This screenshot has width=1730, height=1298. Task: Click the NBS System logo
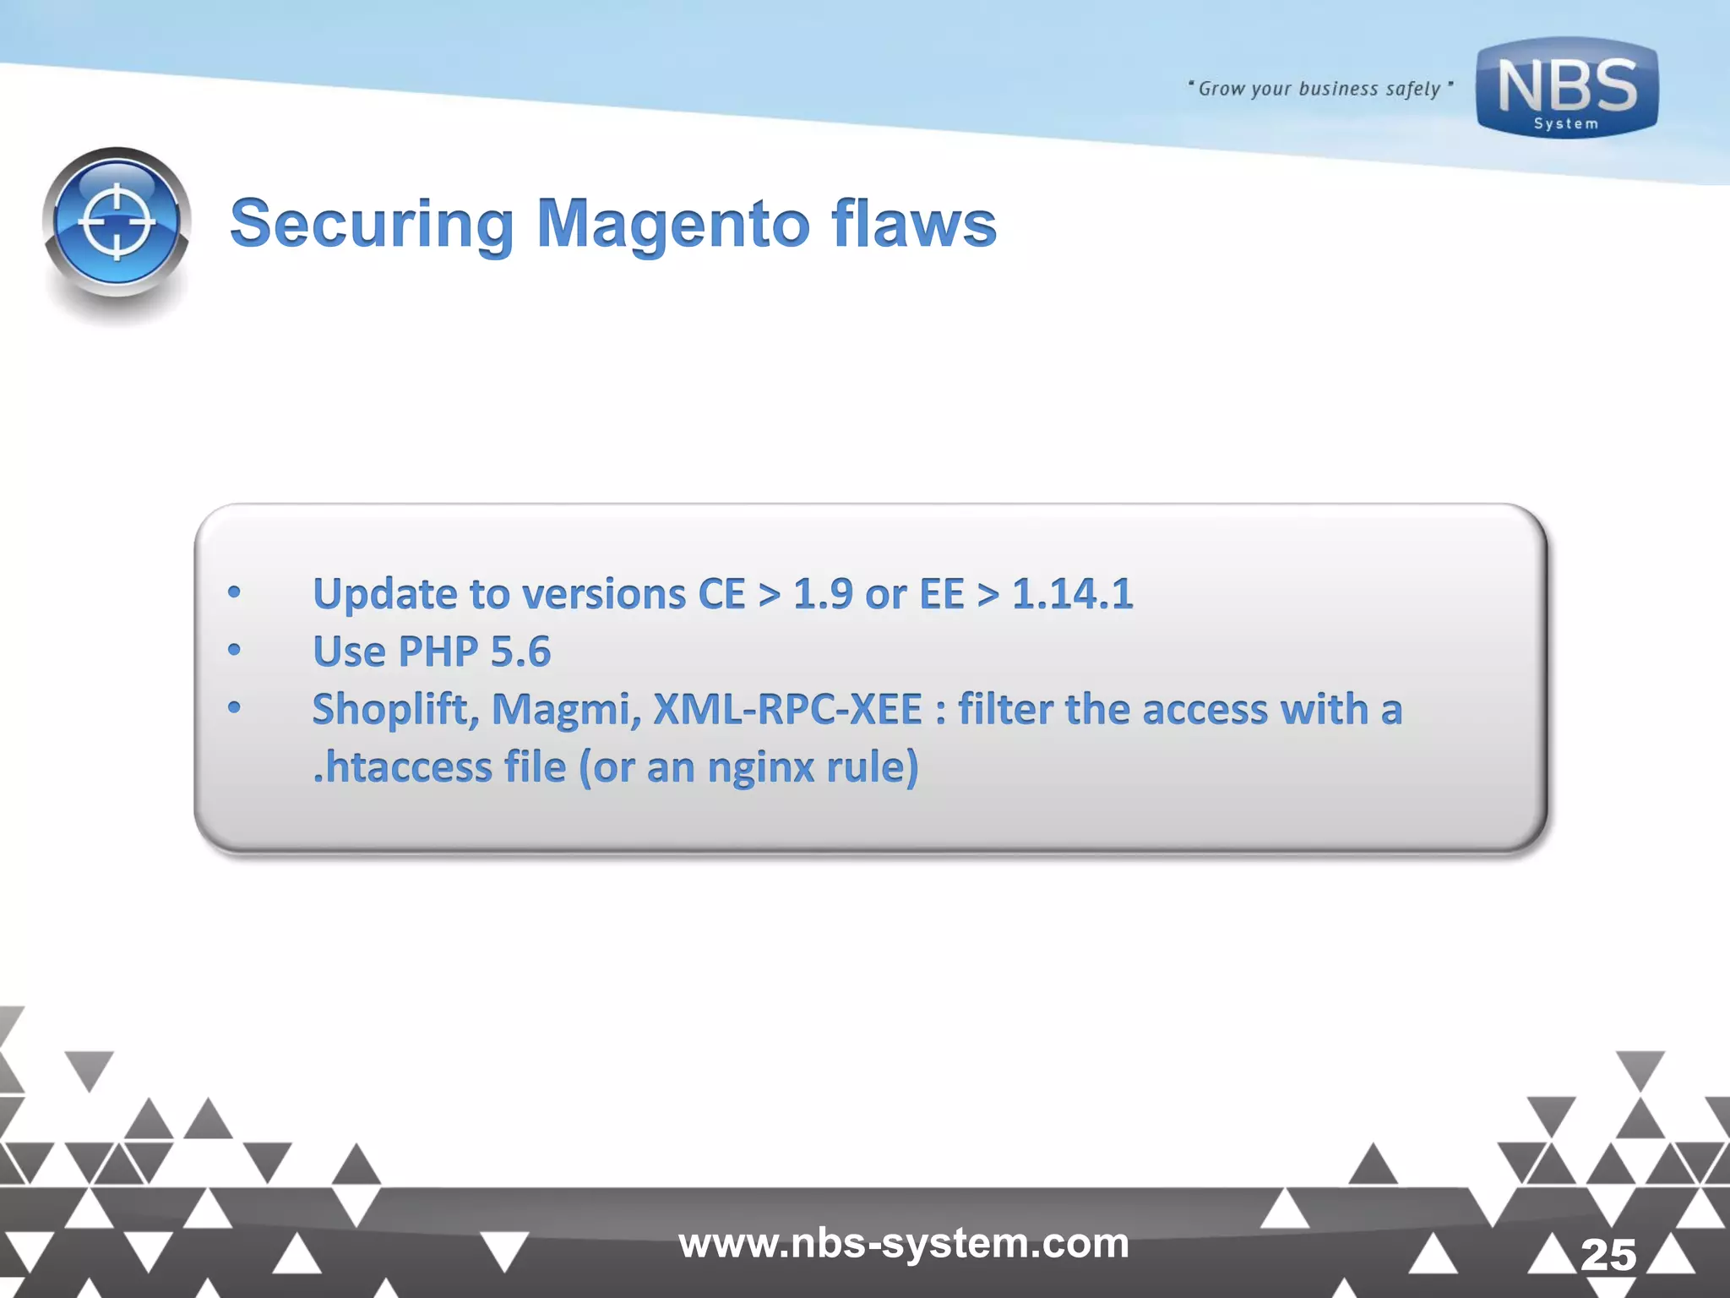[x=1567, y=88]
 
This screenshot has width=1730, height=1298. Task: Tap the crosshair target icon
[x=117, y=223]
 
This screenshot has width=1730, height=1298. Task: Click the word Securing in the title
[x=372, y=224]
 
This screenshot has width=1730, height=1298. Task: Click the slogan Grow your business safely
[x=1319, y=89]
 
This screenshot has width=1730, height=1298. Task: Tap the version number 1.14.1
[x=1072, y=593]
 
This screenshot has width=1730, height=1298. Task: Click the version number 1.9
[x=823, y=593]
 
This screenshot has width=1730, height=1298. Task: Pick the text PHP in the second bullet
[x=438, y=652]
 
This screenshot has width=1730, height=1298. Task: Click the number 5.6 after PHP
[x=520, y=652]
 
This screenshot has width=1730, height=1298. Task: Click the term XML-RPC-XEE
[x=787, y=709]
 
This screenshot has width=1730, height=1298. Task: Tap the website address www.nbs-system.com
[x=903, y=1243]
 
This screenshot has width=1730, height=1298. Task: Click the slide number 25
[x=1608, y=1255]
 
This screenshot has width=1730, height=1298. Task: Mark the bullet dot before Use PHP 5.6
[x=234, y=650]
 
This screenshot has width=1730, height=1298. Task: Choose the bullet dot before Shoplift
[x=234, y=707]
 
